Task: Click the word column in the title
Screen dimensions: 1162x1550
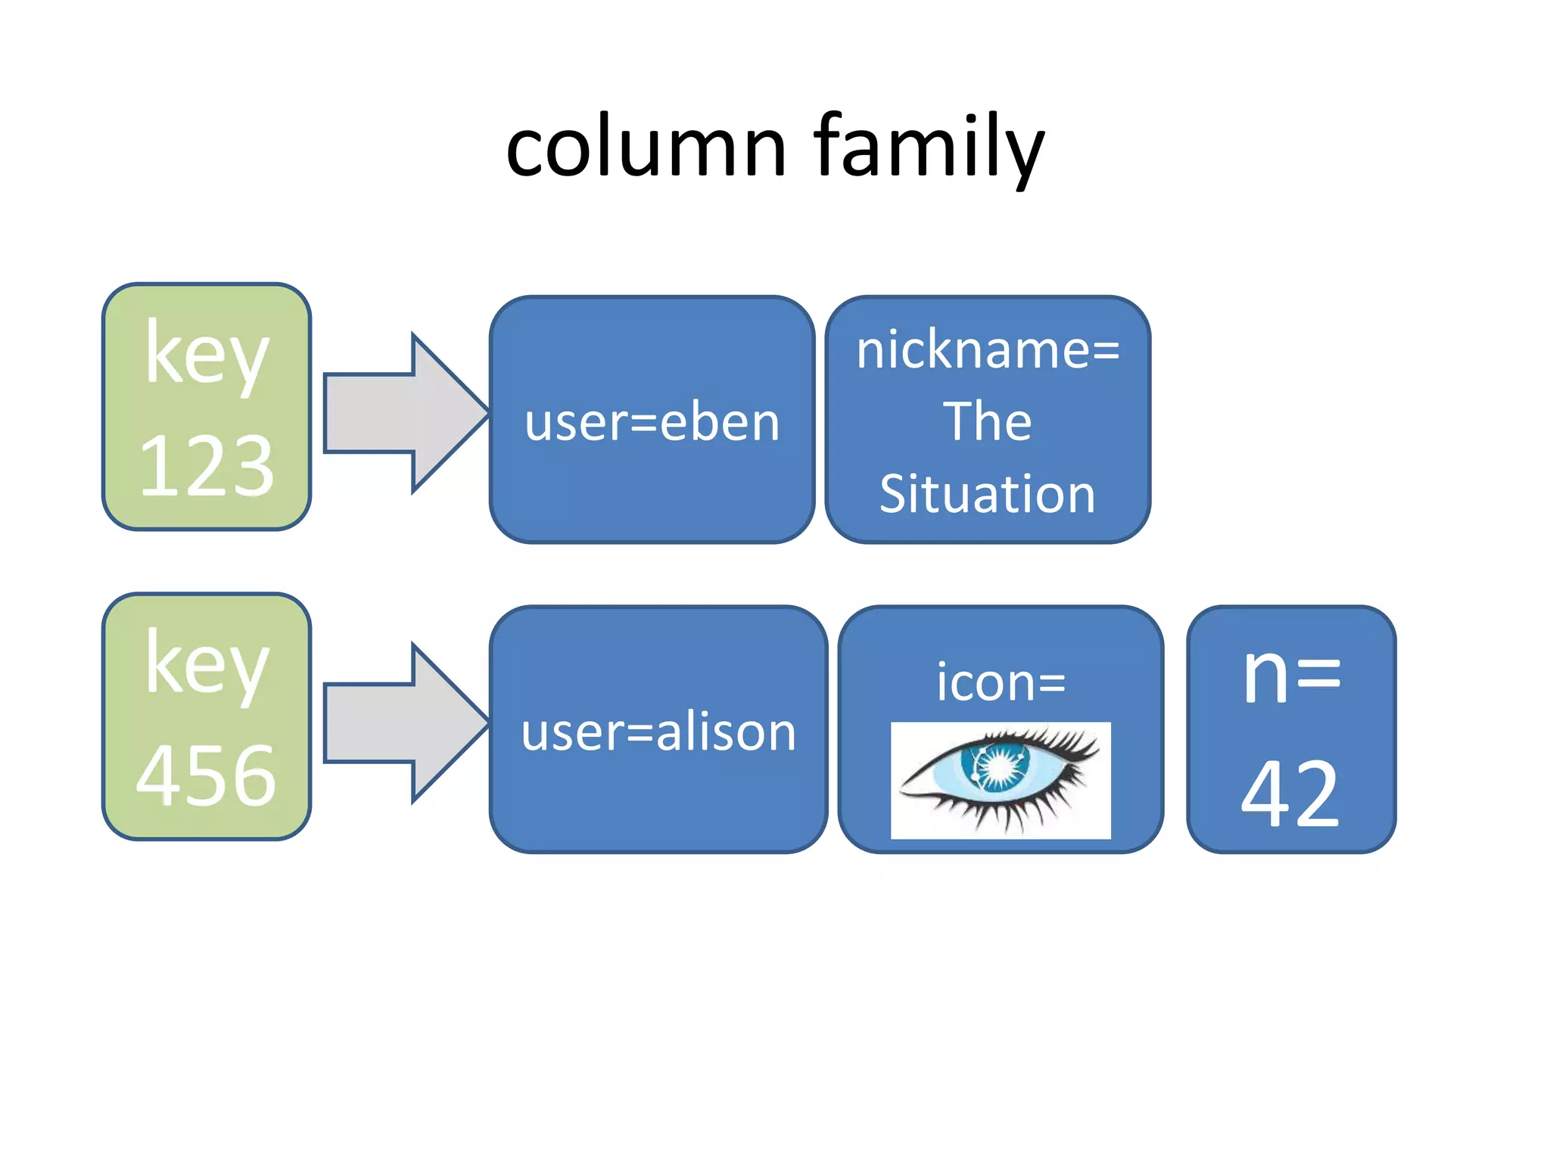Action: [x=646, y=148]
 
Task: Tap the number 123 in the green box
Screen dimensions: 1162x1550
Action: [x=207, y=466]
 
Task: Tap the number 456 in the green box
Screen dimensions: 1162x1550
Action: [x=207, y=775]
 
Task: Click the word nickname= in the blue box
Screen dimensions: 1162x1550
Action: [x=988, y=351]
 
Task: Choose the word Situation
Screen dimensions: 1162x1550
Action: [x=988, y=494]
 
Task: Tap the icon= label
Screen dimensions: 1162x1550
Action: [x=1001, y=682]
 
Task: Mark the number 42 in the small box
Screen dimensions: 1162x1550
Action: [x=1290, y=794]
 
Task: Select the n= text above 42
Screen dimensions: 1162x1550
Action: [x=1291, y=675]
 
